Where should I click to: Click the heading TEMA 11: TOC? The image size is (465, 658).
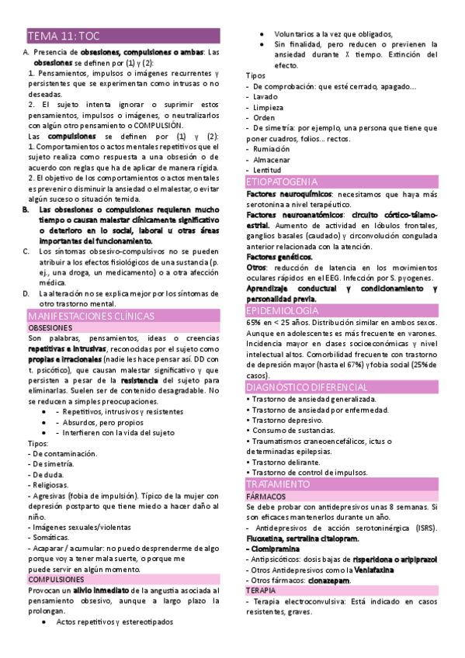[64, 36]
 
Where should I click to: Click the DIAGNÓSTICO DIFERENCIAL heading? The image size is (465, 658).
[307, 386]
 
